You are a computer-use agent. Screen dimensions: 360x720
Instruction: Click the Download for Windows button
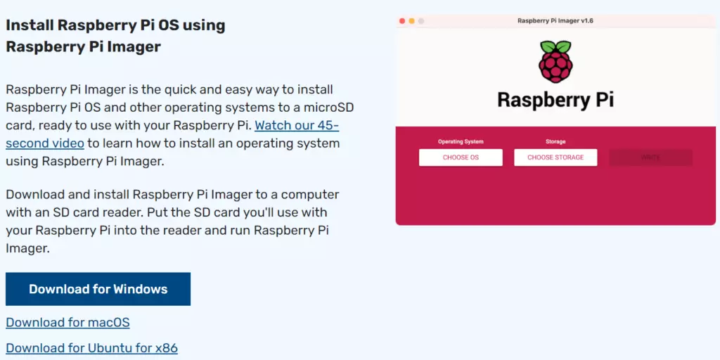98,289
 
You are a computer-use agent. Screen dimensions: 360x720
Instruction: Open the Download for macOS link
67,323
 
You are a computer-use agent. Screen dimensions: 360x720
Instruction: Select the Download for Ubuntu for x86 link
91,348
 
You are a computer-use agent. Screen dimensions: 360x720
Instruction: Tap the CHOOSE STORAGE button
555,157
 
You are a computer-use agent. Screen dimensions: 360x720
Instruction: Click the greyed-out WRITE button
650,157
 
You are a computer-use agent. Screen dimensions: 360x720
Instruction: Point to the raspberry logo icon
555,62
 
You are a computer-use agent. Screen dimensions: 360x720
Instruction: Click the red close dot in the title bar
402,21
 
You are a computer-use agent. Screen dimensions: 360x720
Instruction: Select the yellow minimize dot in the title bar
411,21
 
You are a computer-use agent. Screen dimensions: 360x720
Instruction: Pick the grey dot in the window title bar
421,21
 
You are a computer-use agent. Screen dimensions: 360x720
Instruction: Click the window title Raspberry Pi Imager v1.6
555,21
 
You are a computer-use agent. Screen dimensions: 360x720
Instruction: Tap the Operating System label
461,142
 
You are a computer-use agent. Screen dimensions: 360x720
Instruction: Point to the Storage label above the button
555,142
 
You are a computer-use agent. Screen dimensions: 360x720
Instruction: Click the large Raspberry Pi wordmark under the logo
555,100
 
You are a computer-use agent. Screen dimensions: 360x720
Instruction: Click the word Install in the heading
30,25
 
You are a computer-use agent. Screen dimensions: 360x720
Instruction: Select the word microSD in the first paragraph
328,108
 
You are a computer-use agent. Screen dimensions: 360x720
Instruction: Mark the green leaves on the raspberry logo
555,46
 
